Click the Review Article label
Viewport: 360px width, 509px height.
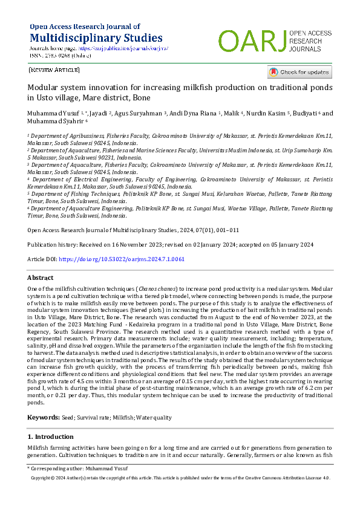pyautogui.click(x=54, y=70)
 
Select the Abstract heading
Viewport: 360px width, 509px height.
pyautogui.click(x=41, y=277)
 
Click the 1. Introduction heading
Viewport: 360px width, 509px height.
pyautogui.click(x=51, y=436)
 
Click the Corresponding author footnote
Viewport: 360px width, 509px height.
pyautogui.click(x=78, y=468)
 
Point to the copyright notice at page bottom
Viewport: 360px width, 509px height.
pyautogui.click(x=180, y=478)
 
